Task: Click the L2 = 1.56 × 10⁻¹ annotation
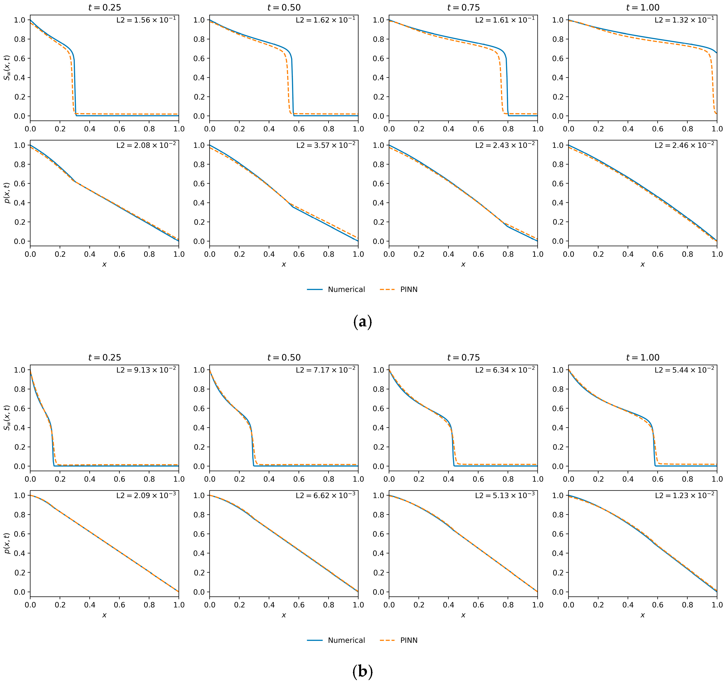coord(146,20)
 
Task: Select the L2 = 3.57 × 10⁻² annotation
coord(325,146)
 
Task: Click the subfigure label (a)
coord(363,322)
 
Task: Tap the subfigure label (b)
coord(363,671)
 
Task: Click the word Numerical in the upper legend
coord(346,290)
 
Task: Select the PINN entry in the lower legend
coord(408,640)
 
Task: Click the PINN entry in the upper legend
coord(408,290)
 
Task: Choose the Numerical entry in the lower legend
coord(346,640)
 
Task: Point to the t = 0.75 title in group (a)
coord(463,7)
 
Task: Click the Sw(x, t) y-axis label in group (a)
coord(7,68)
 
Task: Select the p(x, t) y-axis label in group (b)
coord(7,543)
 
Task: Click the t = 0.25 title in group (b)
coord(105,358)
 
